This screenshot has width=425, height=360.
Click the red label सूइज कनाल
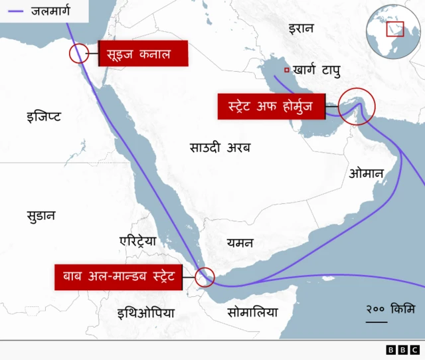click(x=143, y=54)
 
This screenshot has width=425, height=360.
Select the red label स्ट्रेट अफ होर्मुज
click(x=271, y=106)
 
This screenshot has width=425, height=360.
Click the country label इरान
click(x=301, y=28)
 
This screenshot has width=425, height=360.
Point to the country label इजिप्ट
click(x=44, y=116)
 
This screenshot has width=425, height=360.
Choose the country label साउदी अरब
click(x=220, y=147)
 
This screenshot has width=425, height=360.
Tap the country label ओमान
click(x=366, y=174)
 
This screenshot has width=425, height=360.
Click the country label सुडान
click(x=41, y=216)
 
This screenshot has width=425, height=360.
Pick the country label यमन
click(x=239, y=242)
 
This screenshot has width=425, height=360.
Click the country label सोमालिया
click(x=252, y=312)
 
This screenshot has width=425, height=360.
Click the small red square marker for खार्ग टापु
click(x=286, y=70)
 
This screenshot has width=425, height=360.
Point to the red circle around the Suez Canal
click(x=78, y=54)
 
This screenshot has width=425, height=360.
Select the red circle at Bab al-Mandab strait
click(x=205, y=277)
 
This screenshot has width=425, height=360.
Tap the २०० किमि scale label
click(x=390, y=309)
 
